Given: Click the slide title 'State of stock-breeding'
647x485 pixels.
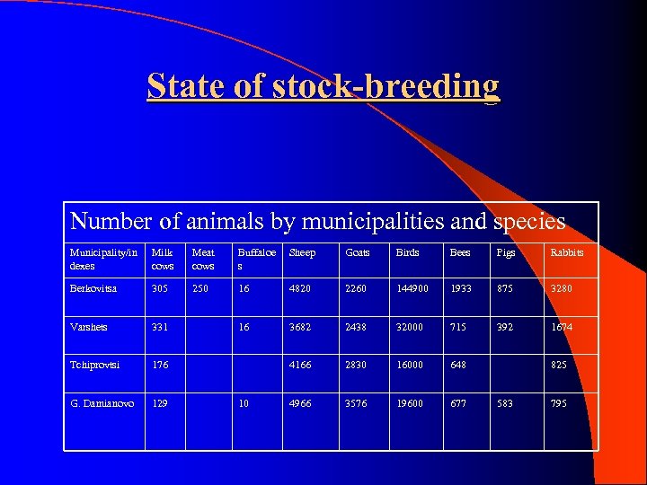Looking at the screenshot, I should (x=323, y=86).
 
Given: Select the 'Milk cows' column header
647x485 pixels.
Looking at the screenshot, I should (x=163, y=259).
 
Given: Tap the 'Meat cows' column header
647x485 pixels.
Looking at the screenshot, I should (x=204, y=259).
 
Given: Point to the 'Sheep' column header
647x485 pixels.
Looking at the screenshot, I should (x=302, y=253).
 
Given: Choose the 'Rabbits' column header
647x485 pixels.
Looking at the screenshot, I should (x=567, y=253).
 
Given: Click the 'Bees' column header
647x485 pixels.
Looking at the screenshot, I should (x=459, y=253).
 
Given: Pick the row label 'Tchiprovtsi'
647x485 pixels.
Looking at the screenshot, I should (x=95, y=365).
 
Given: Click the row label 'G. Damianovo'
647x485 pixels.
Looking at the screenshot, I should (x=102, y=403).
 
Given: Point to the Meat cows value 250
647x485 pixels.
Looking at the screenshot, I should (x=201, y=288).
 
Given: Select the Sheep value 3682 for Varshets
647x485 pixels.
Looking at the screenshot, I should (x=300, y=327).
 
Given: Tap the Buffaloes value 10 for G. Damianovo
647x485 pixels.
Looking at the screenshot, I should (x=244, y=403).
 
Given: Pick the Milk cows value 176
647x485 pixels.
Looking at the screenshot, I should (x=161, y=365).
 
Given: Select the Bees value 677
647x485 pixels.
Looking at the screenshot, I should (x=457, y=403).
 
